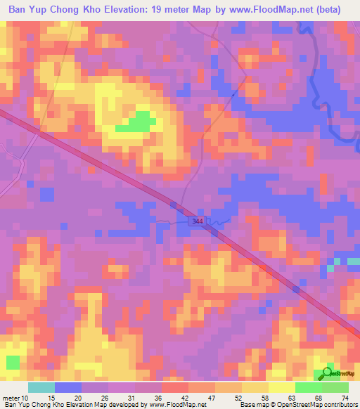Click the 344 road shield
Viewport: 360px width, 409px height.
click(x=198, y=221)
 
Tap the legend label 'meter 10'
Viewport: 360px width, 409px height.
click(x=15, y=398)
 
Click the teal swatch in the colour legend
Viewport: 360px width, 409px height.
click(x=41, y=387)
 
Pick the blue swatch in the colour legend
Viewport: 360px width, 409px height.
click(x=68, y=387)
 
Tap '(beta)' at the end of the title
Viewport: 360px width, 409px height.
click(x=328, y=10)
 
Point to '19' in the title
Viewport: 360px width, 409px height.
click(x=171, y=10)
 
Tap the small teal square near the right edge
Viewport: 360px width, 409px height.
click(x=331, y=268)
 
